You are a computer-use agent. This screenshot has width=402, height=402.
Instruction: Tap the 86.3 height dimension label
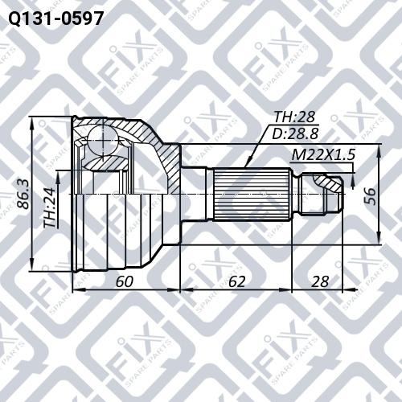pyautogui.click(x=23, y=195)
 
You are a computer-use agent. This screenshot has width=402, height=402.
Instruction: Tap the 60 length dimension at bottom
pyautogui.click(x=125, y=281)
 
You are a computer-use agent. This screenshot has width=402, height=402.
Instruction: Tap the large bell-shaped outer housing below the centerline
pyautogui.click(x=121, y=233)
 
